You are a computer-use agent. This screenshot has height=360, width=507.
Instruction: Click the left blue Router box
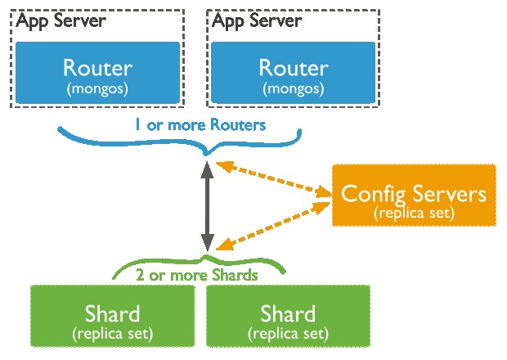pos(98,73)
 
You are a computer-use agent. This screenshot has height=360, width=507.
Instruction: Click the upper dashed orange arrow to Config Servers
pos(274,180)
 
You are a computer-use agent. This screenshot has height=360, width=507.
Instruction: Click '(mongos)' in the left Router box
pos(98,87)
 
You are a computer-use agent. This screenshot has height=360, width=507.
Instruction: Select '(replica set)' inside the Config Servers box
pos(414,213)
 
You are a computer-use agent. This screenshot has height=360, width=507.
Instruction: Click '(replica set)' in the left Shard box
pos(112,334)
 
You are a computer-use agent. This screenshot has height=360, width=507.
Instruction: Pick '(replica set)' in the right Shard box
pos(288,334)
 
